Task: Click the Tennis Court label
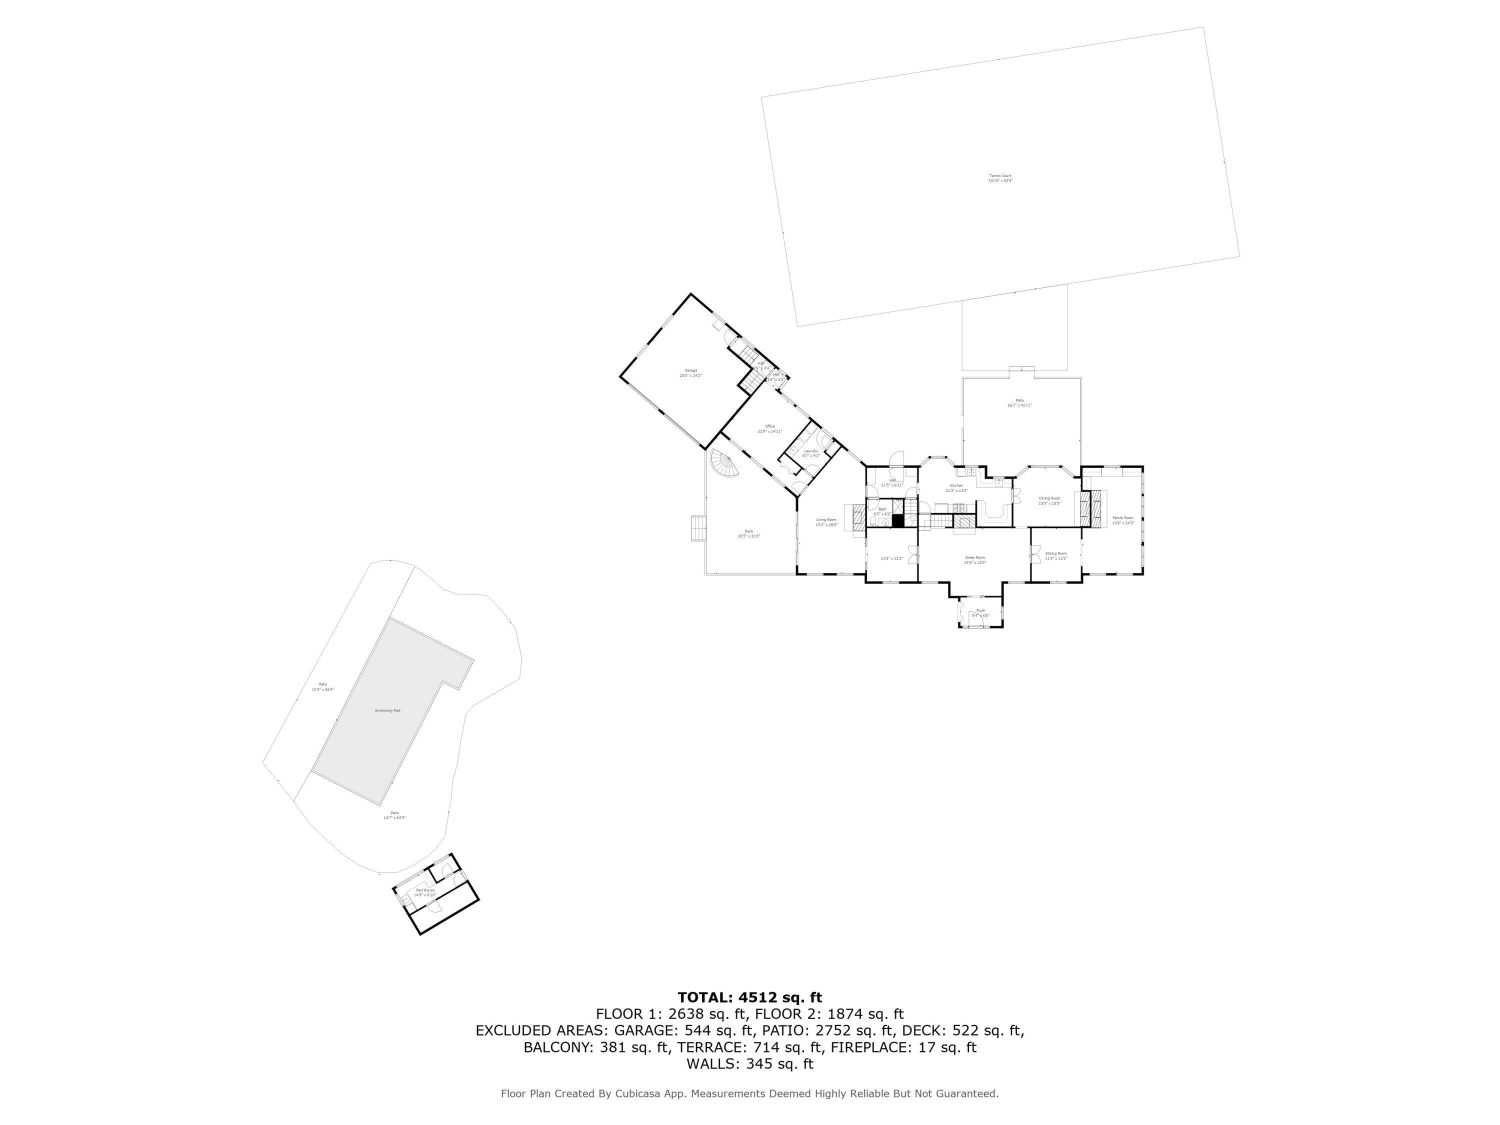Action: pyautogui.click(x=999, y=178)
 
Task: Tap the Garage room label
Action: pyautogui.click(x=690, y=372)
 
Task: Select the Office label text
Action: pyautogui.click(x=769, y=428)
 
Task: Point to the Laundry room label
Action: pyautogui.click(x=811, y=453)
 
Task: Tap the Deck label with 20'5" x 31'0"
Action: pyautogui.click(x=748, y=533)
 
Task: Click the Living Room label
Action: pyautogui.click(x=826, y=521)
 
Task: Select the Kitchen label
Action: pyautogui.click(x=956, y=487)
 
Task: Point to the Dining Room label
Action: pyautogui.click(x=1049, y=500)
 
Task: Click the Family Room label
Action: pyautogui.click(x=1123, y=519)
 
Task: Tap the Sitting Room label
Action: pyautogui.click(x=1056, y=555)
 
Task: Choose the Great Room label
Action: pyautogui.click(x=974, y=559)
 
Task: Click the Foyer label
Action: pyautogui.click(x=980, y=612)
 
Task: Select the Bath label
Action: pyautogui.click(x=881, y=511)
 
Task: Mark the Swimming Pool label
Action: pyautogui.click(x=387, y=710)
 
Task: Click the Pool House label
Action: pyautogui.click(x=424, y=891)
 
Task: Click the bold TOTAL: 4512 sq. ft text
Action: pyautogui.click(x=749, y=997)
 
